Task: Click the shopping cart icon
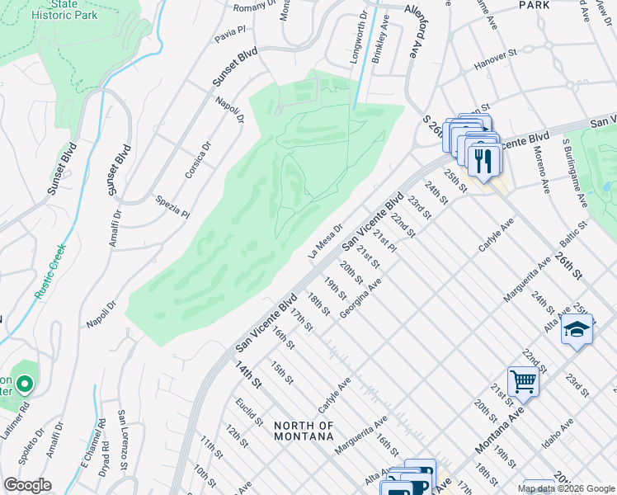[x=523, y=382]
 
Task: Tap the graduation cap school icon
[x=577, y=331]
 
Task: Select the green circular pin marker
[x=25, y=384]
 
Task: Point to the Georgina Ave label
[x=364, y=299]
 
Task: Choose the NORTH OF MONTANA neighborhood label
[x=304, y=431]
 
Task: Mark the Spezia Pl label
[x=172, y=206]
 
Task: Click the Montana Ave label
[x=499, y=430]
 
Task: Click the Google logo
[x=28, y=485]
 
